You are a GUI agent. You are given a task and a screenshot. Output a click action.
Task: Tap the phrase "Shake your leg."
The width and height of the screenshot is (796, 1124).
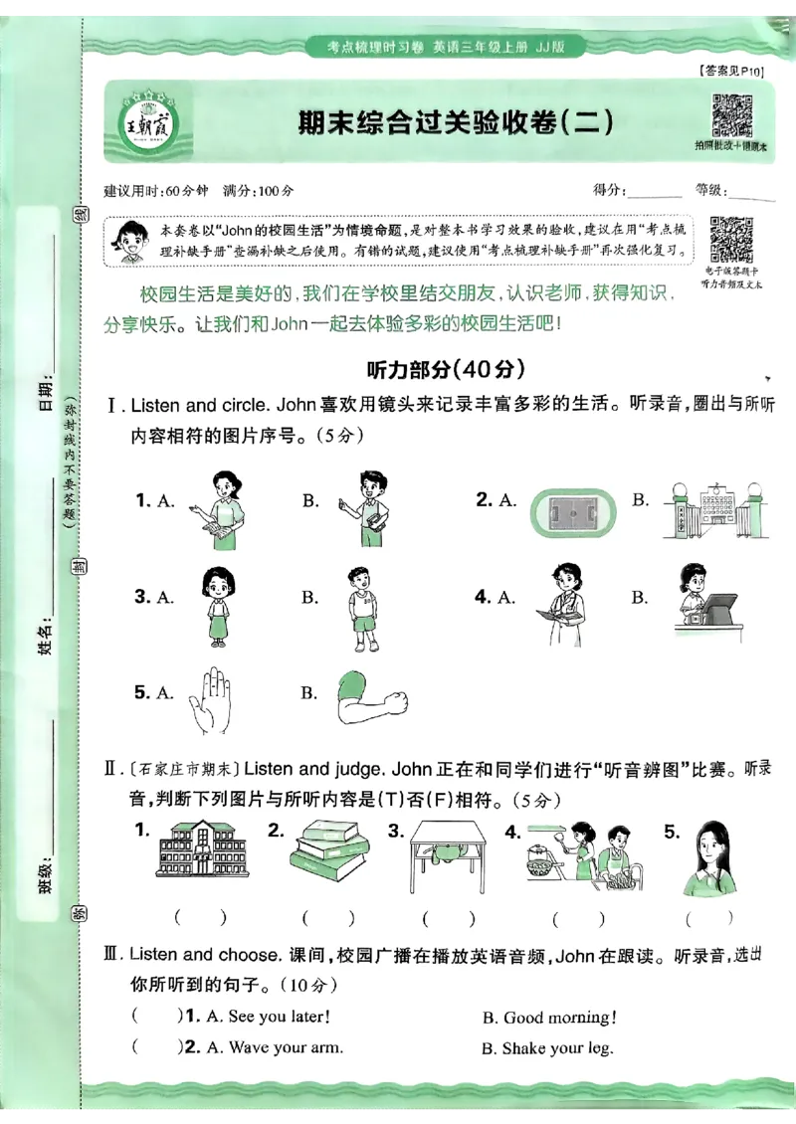(557, 1048)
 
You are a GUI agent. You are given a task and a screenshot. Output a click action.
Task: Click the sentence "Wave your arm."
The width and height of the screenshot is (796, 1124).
(286, 1047)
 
